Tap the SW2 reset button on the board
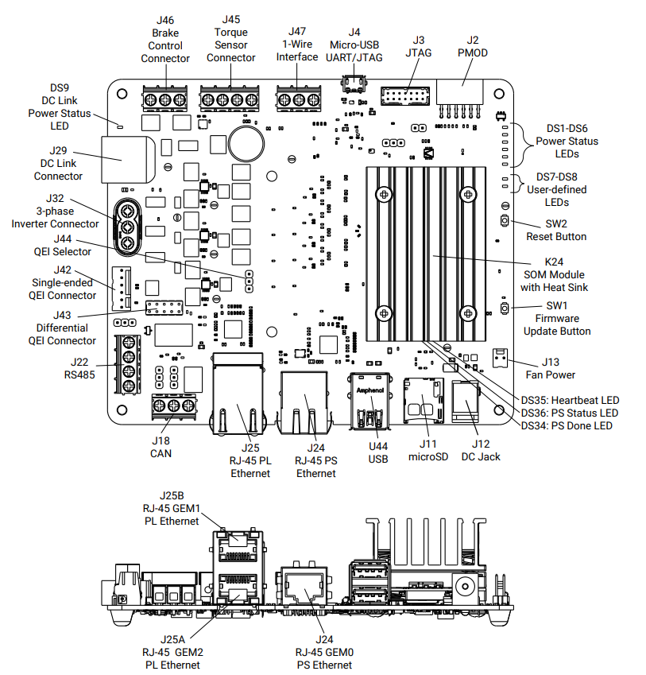pyautogui.click(x=504, y=220)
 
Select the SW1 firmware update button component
pyautogui.click(x=504, y=308)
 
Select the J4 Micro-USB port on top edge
pyautogui.click(x=354, y=84)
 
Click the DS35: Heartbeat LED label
pyautogui.click(x=570, y=400)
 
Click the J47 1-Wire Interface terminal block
pyautogui.click(x=296, y=99)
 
